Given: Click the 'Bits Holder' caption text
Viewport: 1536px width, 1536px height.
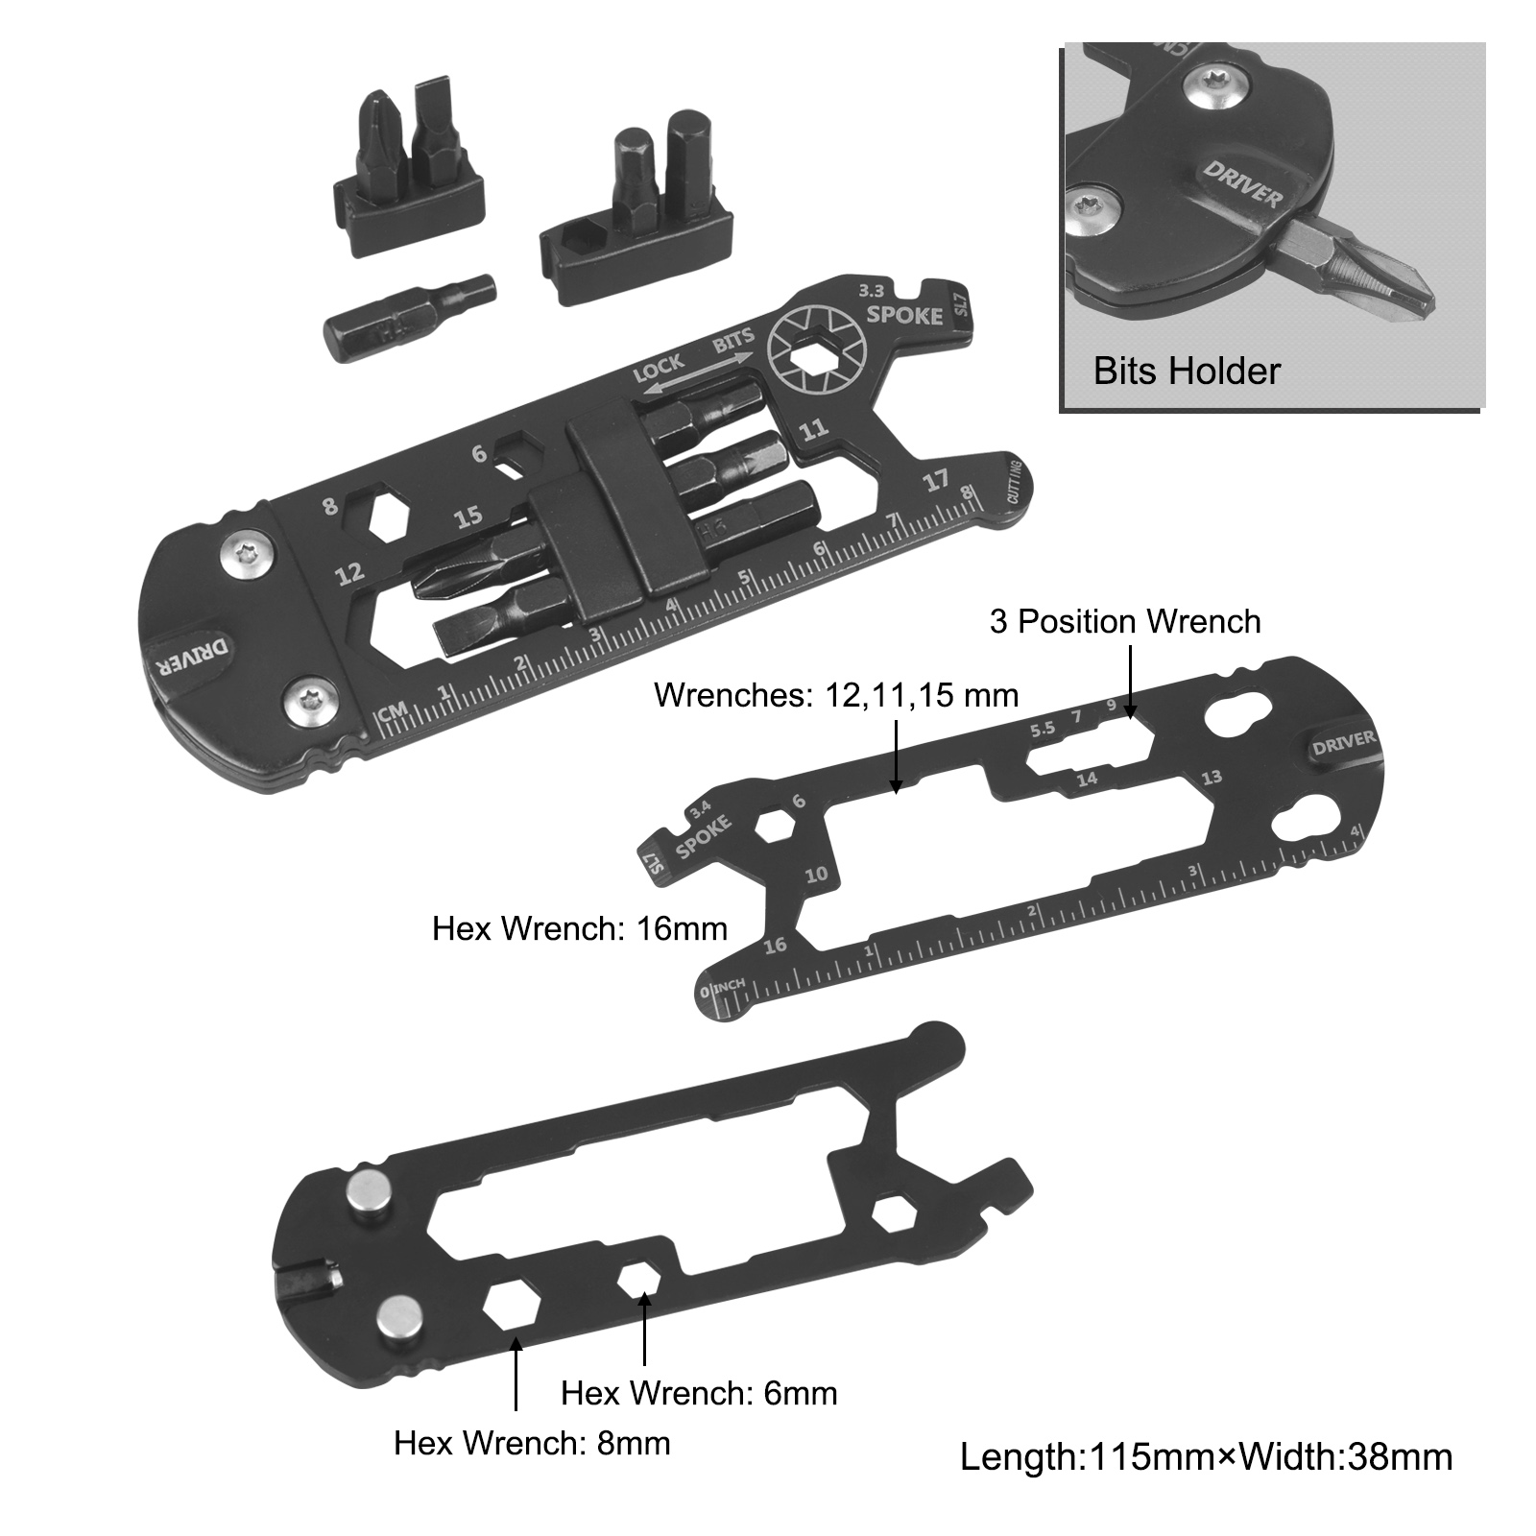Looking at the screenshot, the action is pos(1187,371).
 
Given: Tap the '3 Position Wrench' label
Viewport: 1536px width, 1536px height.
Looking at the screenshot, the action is pos(1125,621).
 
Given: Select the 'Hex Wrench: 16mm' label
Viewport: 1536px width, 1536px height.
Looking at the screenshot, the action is pos(580,928).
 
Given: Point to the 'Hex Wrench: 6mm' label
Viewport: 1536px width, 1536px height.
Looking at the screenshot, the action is pos(699,1392).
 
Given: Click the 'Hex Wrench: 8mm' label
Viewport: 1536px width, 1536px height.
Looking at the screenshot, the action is pos(532,1442).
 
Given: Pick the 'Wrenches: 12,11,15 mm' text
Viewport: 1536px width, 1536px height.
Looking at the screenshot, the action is pos(836,694).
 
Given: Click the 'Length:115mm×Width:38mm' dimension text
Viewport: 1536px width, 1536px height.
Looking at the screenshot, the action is pos(1207,1457).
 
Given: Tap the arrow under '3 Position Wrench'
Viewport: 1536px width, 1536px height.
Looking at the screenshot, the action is pos(1131,683).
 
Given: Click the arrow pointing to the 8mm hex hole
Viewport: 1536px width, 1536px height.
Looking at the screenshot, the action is pos(516,1374).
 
